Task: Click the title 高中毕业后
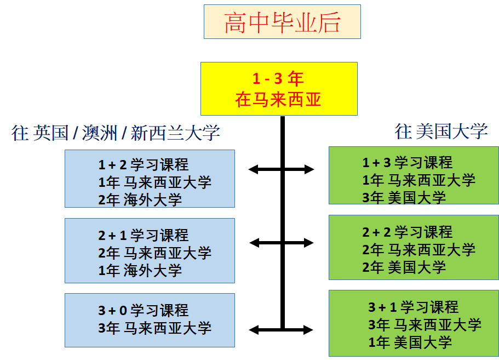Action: pos(282,22)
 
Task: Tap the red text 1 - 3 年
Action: pos(278,79)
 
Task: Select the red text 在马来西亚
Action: pos(278,100)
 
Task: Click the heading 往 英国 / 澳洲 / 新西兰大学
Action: pos(116,133)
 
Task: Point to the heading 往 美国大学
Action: pos(441,132)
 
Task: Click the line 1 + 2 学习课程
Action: pos(144,164)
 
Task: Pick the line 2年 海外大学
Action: pos(140,199)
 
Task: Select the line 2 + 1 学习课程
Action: pos(144,236)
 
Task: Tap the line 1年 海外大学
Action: pos(140,270)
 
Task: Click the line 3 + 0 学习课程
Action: pos(144,311)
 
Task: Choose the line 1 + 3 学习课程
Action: pos(408,163)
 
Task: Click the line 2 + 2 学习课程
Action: pos(408,232)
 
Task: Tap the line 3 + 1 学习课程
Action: pos(414,307)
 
